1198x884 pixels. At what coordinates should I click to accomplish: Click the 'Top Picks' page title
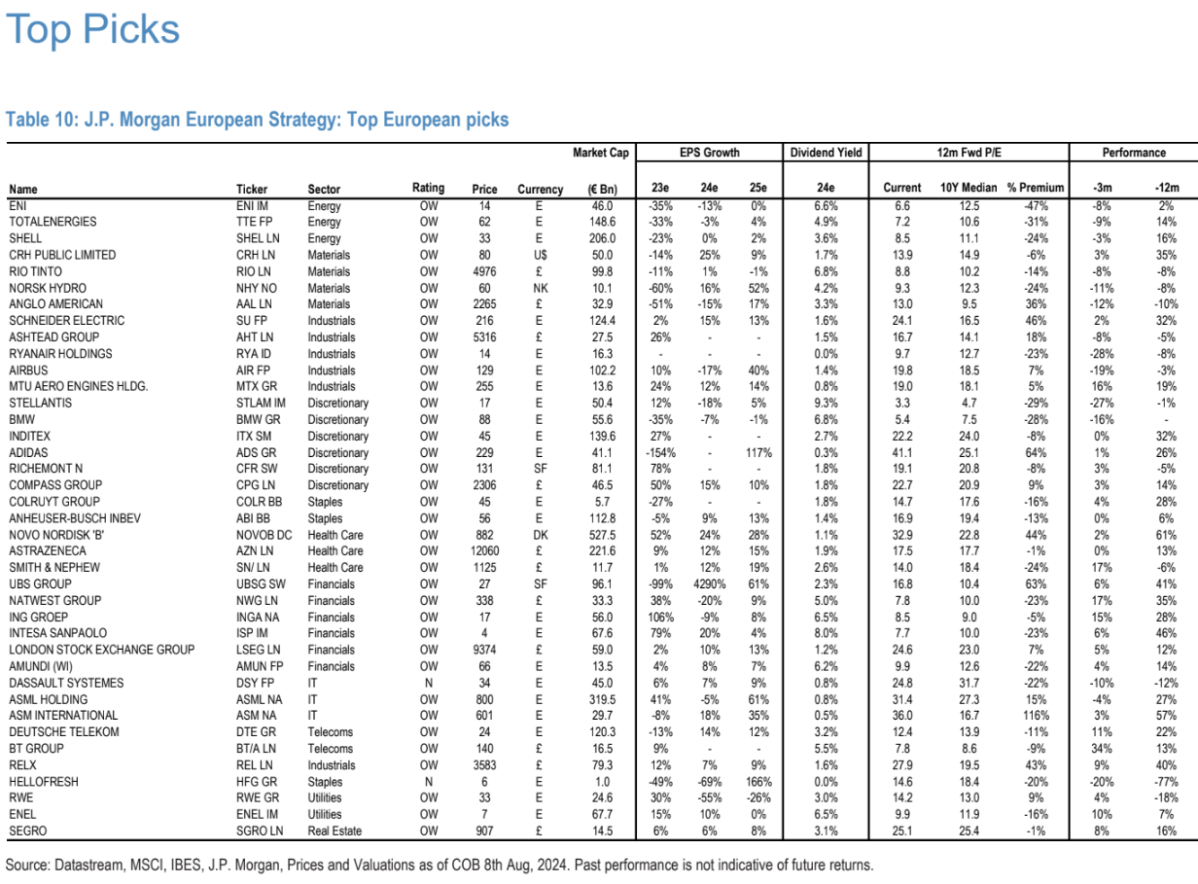coord(93,29)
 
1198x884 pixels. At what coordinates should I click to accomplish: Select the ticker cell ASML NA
coord(258,699)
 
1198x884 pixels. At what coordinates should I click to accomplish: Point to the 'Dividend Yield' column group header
coord(826,153)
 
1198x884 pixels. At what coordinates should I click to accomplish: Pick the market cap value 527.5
coord(601,535)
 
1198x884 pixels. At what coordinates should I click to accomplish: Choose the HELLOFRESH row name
coord(44,782)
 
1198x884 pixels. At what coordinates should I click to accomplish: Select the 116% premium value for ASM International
coord(1035,716)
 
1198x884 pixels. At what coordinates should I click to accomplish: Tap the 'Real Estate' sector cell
coord(335,831)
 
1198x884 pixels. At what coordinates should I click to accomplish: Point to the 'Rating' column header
coord(428,188)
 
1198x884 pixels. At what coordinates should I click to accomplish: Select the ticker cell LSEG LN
coord(258,650)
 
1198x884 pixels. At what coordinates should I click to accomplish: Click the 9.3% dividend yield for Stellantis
coord(826,403)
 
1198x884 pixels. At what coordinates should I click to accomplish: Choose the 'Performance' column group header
coord(1134,153)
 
